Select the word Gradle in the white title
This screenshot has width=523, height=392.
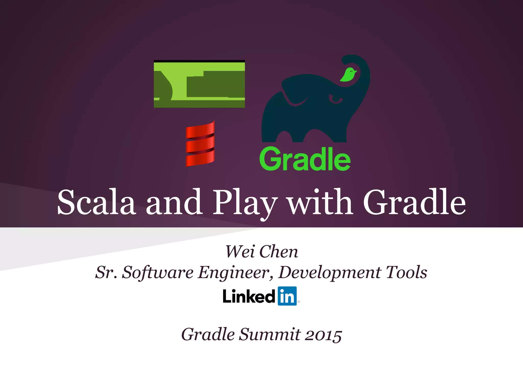point(414,202)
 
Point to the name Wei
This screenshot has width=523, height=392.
point(240,252)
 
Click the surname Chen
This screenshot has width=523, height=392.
point(279,252)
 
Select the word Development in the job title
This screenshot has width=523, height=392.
point(330,273)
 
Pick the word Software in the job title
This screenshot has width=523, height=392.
point(158,273)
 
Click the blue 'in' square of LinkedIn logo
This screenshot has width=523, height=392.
point(287,296)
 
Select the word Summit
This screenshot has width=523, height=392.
point(270,334)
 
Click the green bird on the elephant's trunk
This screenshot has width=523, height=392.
point(348,74)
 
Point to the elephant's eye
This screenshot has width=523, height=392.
point(337,100)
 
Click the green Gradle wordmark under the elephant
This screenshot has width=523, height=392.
point(305,159)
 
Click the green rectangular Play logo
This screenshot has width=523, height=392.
point(199,84)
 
